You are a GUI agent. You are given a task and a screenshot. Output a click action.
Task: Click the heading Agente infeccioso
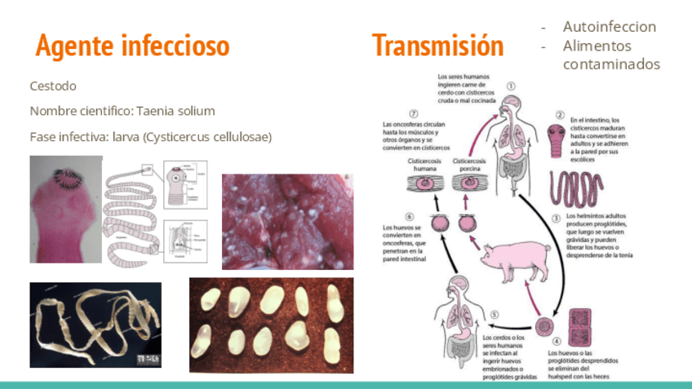tap(132, 46)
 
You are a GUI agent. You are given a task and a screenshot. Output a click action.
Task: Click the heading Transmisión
tap(437, 46)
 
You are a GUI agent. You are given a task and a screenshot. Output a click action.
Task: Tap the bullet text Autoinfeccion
tap(609, 27)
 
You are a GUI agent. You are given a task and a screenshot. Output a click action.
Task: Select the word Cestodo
tap(53, 86)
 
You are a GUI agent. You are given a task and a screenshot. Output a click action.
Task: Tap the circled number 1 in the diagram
tap(512, 86)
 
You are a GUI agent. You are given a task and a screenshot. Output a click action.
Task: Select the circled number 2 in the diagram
tap(561, 117)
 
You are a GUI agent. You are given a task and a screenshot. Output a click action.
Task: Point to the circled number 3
tap(556, 218)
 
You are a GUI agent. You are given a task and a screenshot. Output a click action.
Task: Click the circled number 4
tap(557, 342)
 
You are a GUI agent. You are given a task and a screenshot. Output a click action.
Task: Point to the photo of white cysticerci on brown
tap(271, 324)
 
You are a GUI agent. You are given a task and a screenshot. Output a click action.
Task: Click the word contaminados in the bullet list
tap(611, 64)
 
